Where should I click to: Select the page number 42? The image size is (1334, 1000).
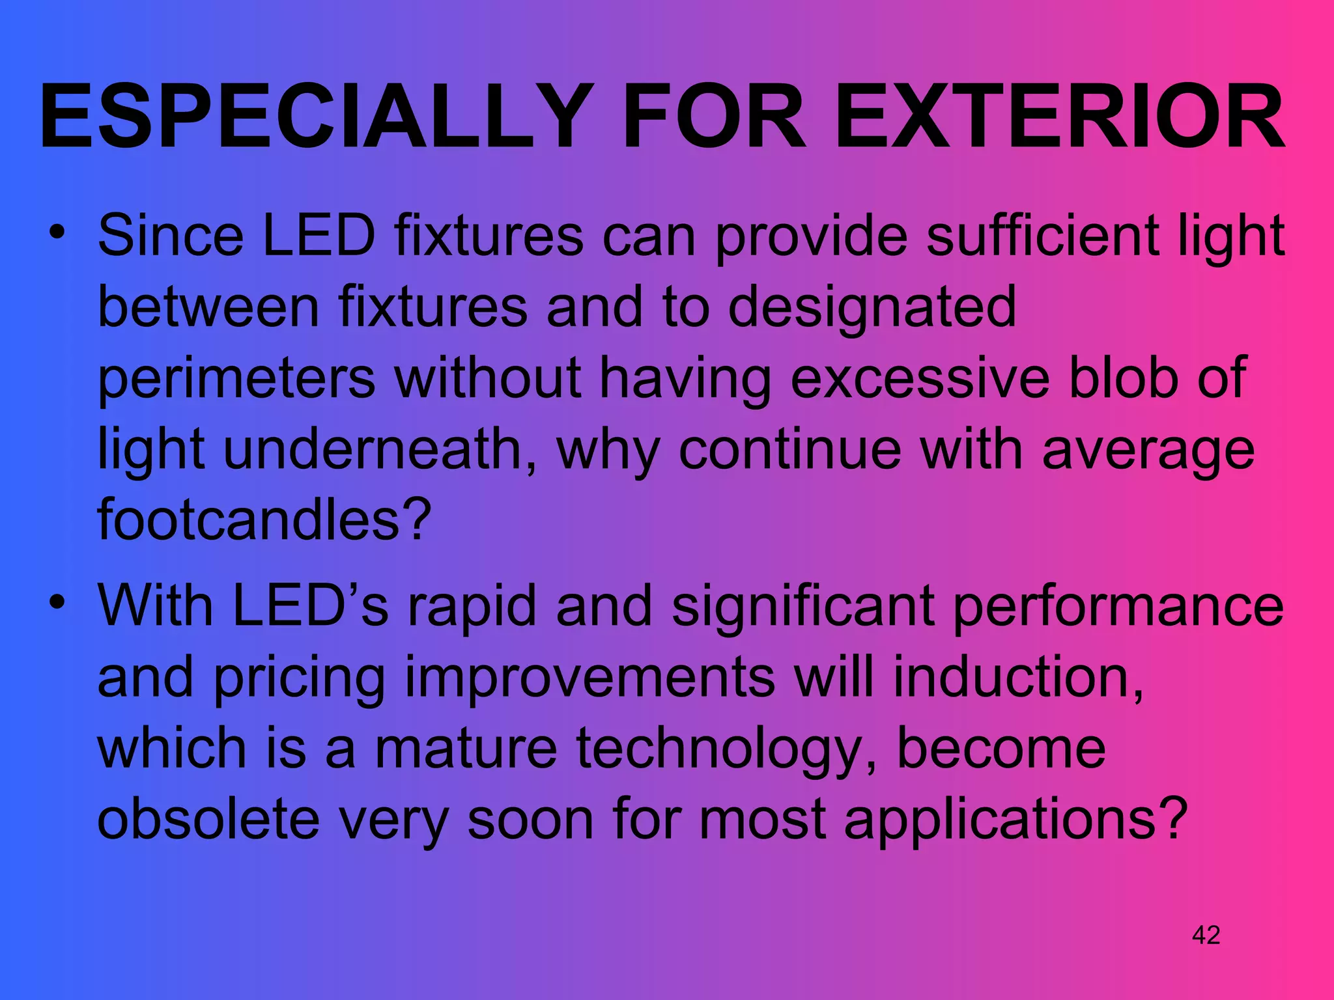pos(1206,936)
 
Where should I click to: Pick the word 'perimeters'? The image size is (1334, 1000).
pos(236,379)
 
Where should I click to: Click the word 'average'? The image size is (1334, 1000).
pos(1148,451)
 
